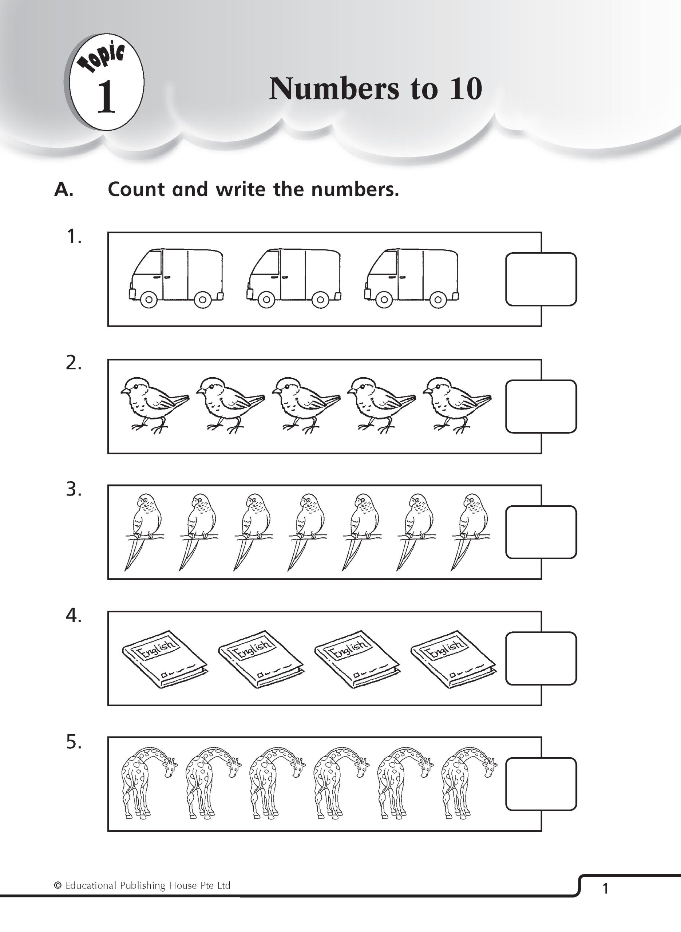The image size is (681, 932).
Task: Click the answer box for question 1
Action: point(541,279)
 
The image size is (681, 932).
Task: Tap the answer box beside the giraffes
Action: point(541,783)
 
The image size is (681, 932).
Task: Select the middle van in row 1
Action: point(294,278)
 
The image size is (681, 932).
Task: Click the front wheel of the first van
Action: point(149,299)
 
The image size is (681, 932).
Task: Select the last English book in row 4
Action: point(453,658)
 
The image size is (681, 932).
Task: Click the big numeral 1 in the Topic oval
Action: point(106,97)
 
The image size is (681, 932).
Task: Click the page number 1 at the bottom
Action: point(605,889)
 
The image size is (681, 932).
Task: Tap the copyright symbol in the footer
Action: point(58,885)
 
